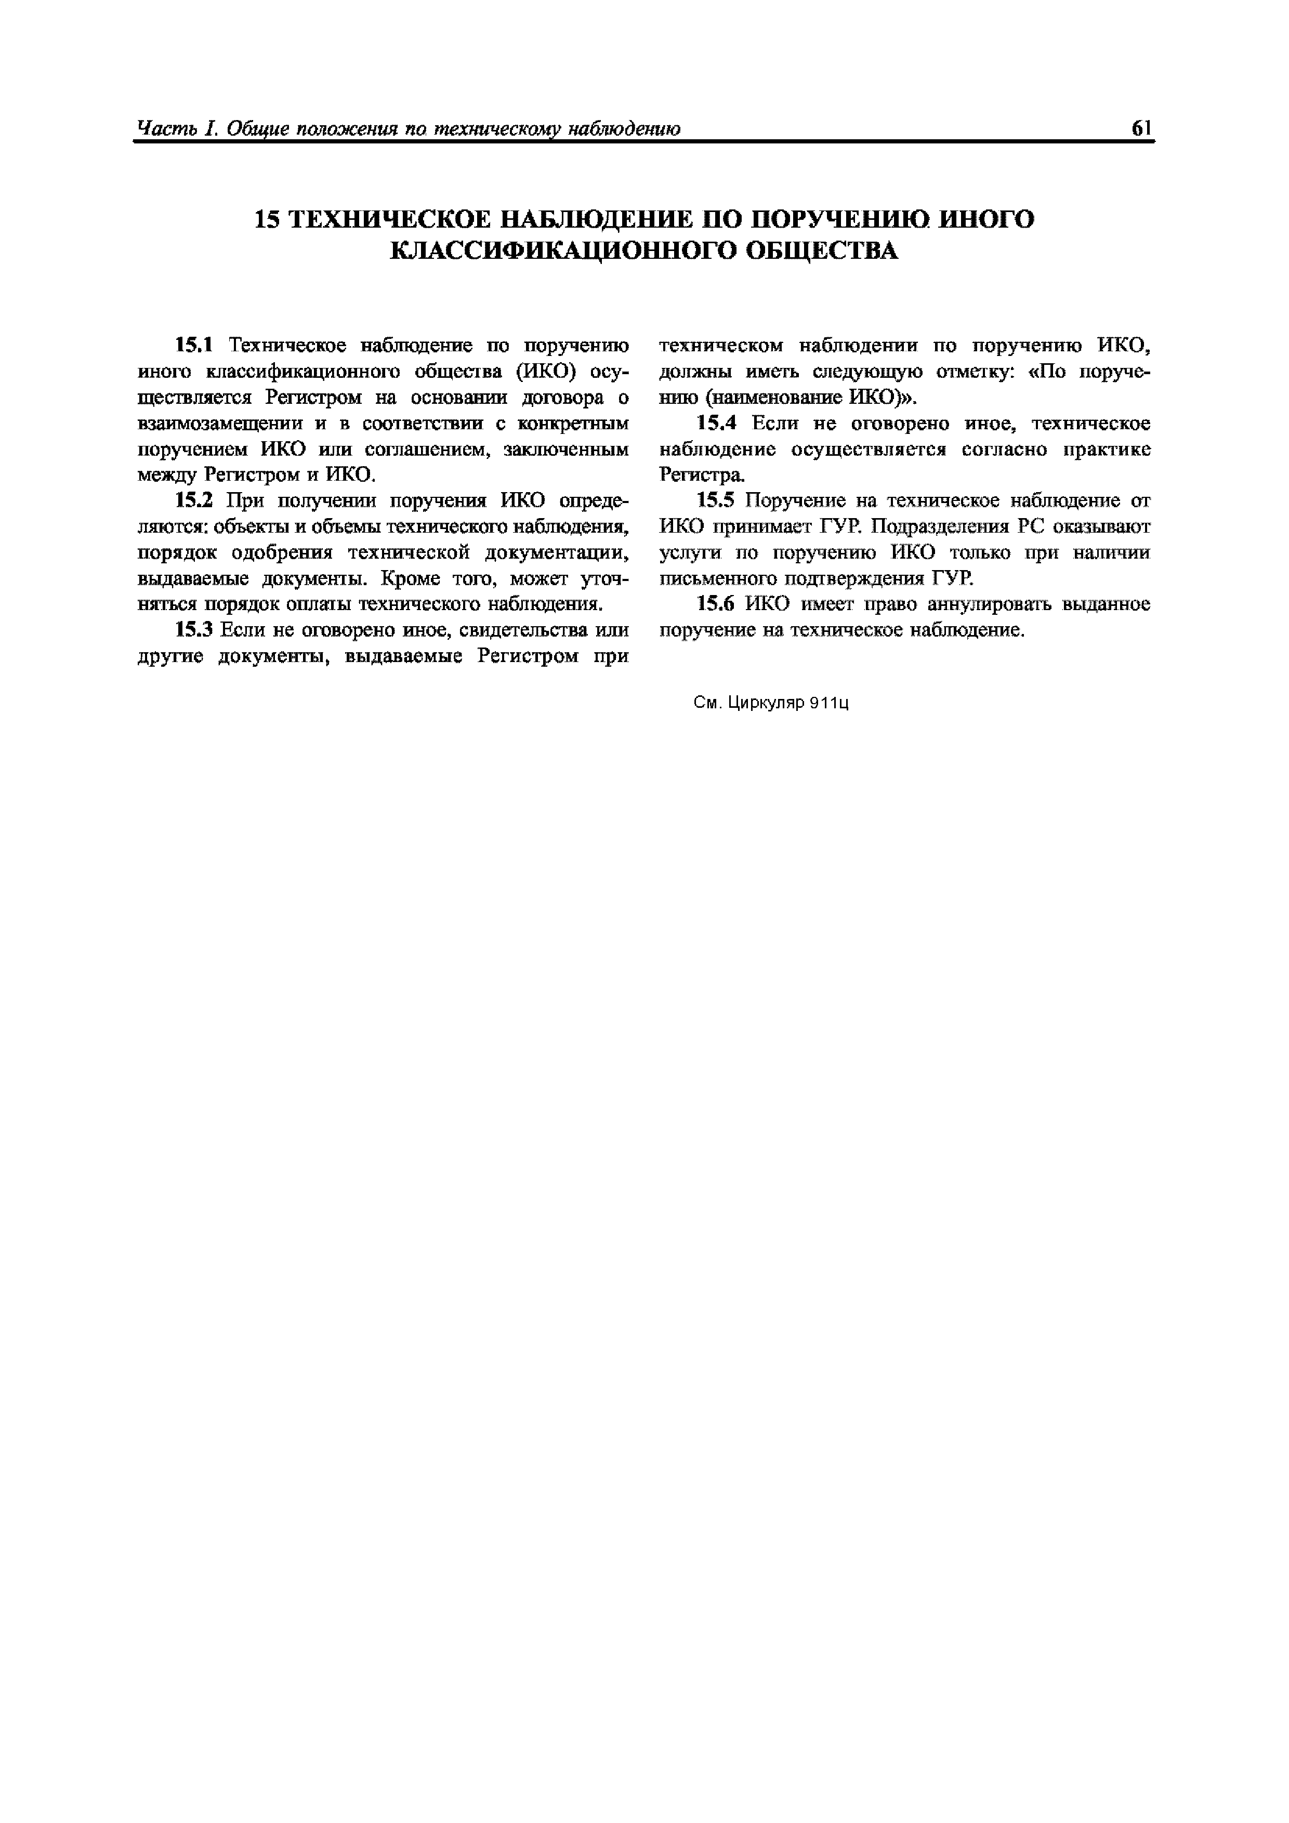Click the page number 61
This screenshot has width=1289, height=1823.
tap(1141, 129)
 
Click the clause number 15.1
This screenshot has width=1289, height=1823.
tap(194, 346)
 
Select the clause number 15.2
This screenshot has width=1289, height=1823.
tap(194, 500)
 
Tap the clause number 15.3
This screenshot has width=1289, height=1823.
tap(194, 630)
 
